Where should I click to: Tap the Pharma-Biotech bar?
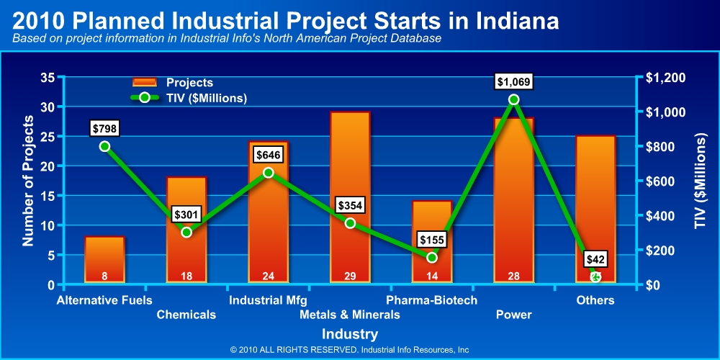click(x=432, y=241)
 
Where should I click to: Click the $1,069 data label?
click(x=513, y=81)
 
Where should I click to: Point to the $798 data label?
click(x=104, y=129)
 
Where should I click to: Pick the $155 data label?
click(x=432, y=240)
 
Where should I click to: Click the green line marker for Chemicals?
click(x=186, y=232)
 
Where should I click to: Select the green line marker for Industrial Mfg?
click(x=268, y=173)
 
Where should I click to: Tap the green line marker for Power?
click(x=513, y=99)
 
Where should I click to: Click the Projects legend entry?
click(x=173, y=83)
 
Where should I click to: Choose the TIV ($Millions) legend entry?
click(x=189, y=98)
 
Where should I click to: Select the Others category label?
click(x=595, y=300)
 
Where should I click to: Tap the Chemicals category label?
click(x=186, y=315)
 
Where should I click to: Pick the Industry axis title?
click(x=350, y=334)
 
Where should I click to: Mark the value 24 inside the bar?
click(x=268, y=275)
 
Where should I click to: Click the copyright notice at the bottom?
click(x=350, y=350)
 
